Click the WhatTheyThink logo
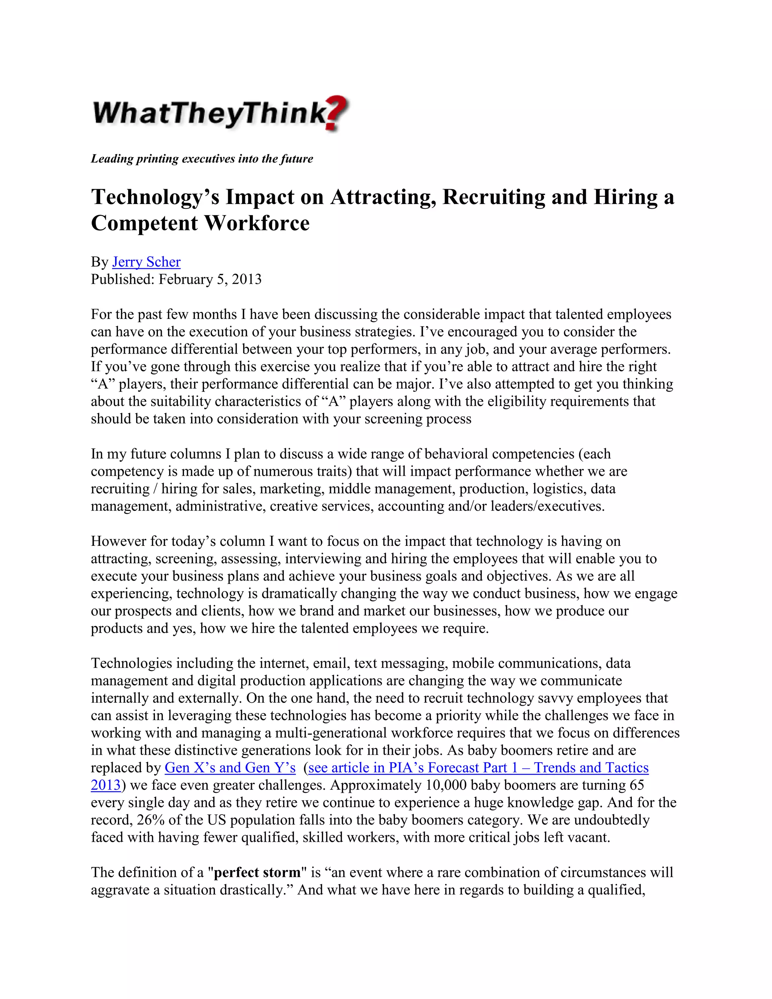[x=219, y=113]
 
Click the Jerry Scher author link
[x=146, y=262]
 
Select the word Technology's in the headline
[x=155, y=197]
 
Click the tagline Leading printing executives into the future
[x=202, y=159]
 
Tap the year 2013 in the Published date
[x=247, y=279]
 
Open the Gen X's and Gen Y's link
[x=230, y=768]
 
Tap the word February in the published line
[x=185, y=279]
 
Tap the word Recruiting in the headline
[x=493, y=197]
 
